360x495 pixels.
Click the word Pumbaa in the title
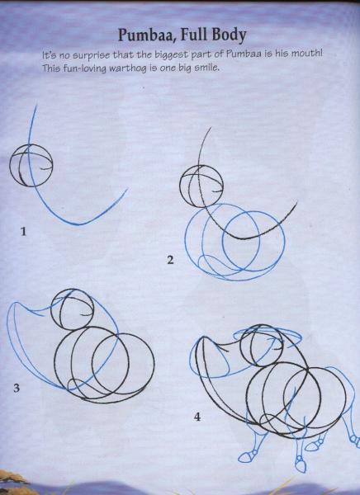[x=147, y=35]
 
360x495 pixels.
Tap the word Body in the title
[x=230, y=35]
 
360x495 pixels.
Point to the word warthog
[x=128, y=68]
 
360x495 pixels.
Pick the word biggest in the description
[x=171, y=55]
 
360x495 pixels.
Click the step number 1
[x=23, y=232]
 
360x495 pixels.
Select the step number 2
[x=170, y=260]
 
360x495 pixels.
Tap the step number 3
[x=17, y=388]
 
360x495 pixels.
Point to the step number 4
[x=197, y=417]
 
